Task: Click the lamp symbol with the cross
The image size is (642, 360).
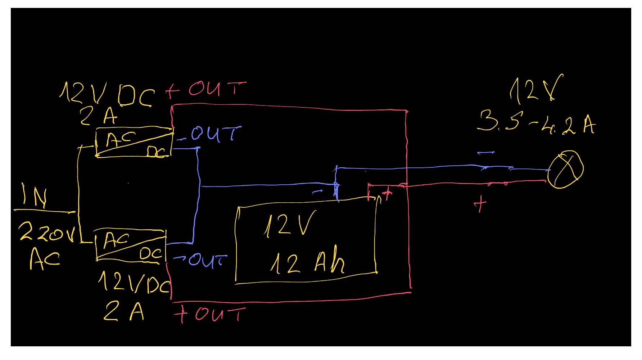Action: click(565, 169)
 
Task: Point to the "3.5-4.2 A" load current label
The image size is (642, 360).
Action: click(536, 122)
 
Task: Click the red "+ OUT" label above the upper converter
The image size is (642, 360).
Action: click(206, 89)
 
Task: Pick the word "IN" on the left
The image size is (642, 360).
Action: click(34, 195)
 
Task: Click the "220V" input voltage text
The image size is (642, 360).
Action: click(47, 232)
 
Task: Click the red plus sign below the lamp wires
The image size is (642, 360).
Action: click(480, 204)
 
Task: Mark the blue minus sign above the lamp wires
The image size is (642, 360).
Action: click(486, 153)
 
